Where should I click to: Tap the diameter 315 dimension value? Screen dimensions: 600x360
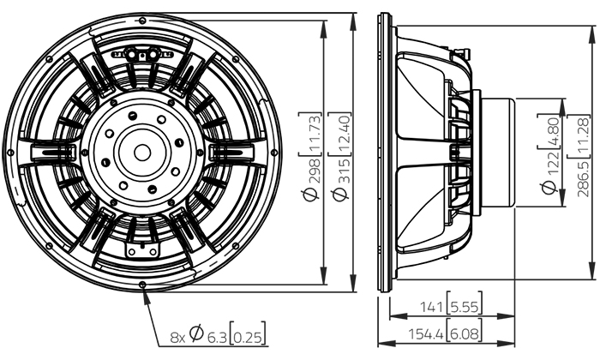(340, 179)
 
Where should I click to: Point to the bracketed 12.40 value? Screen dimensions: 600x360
(340, 134)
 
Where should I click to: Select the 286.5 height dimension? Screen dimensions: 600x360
(583, 178)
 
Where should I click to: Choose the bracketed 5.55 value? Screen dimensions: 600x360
(465, 307)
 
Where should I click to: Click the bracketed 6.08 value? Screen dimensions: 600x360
(465, 333)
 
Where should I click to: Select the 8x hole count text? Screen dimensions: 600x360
(177, 338)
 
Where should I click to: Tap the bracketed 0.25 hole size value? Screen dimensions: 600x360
(248, 337)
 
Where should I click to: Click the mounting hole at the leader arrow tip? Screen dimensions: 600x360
(143, 285)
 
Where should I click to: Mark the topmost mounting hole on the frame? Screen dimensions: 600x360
(142, 20)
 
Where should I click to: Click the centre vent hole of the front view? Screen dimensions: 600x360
(142, 153)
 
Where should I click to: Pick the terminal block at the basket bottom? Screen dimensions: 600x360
(142, 249)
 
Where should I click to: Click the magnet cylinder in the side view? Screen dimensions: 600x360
(498, 153)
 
